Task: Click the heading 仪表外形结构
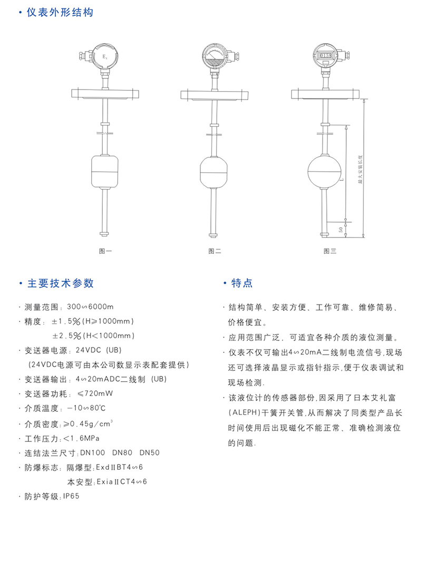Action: point(60,12)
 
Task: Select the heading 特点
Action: point(242,283)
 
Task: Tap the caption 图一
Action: point(105,251)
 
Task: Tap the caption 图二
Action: point(215,251)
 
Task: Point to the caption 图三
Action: point(329,251)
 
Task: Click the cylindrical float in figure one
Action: point(105,171)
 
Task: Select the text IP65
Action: point(71,496)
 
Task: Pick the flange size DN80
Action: point(122,452)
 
